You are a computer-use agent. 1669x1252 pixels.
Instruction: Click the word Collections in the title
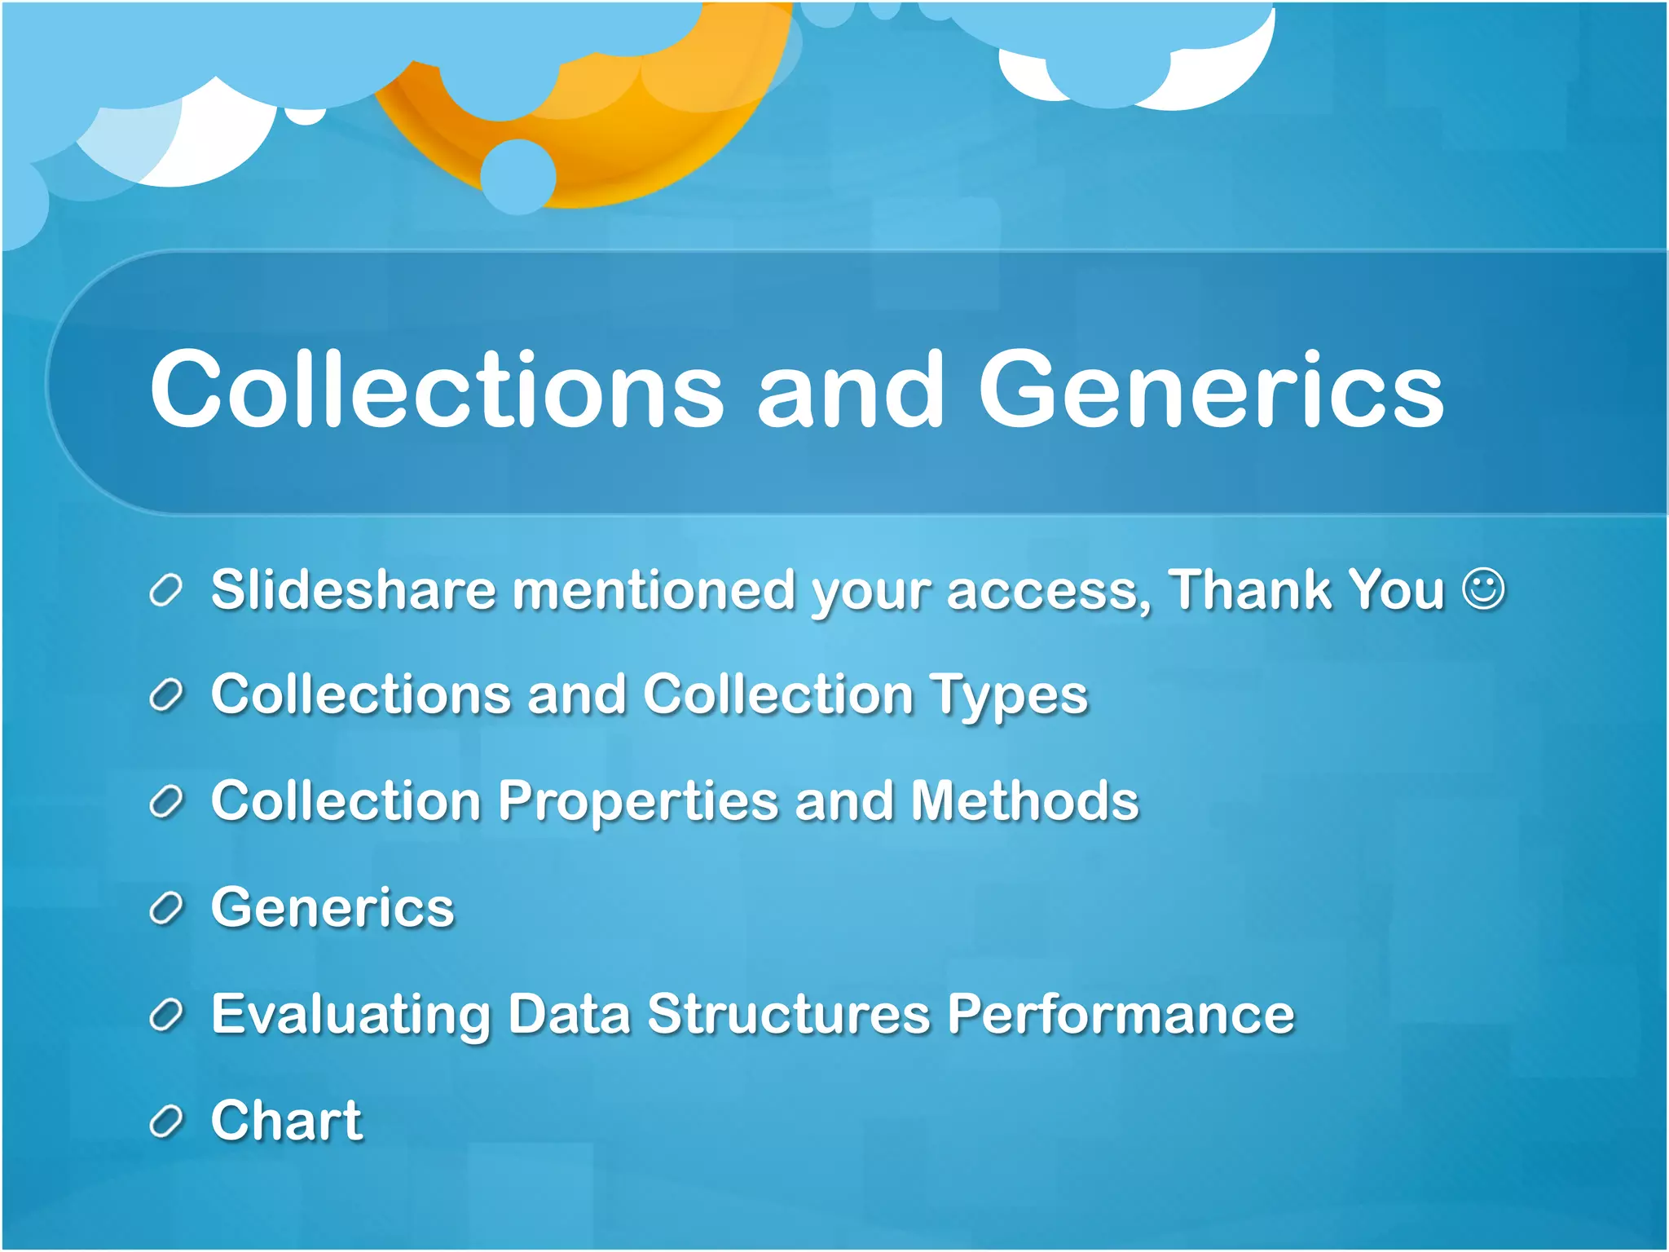pyautogui.click(x=437, y=389)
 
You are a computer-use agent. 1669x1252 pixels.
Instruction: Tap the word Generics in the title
pyautogui.click(x=1211, y=389)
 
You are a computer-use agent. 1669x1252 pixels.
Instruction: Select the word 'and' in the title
pyautogui.click(x=850, y=389)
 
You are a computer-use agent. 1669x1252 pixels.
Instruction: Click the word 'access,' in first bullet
pyautogui.click(x=1049, y=591)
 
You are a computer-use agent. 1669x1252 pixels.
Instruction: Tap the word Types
pyautogui.click(x=1009, y=697)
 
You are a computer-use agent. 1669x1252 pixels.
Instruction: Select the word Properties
pyautogui.click(x=638, y=802)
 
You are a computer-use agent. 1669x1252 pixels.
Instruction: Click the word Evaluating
pyautogui.click(x=350, y=1016)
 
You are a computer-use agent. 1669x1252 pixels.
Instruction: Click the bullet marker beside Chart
pyautogui.click(x=165, y=1122)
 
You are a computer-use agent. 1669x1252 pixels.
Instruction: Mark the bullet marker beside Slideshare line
pyautogui.click(x=165, y=590)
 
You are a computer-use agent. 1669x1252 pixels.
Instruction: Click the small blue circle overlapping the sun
pyautogui.click(x=518, y=176)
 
